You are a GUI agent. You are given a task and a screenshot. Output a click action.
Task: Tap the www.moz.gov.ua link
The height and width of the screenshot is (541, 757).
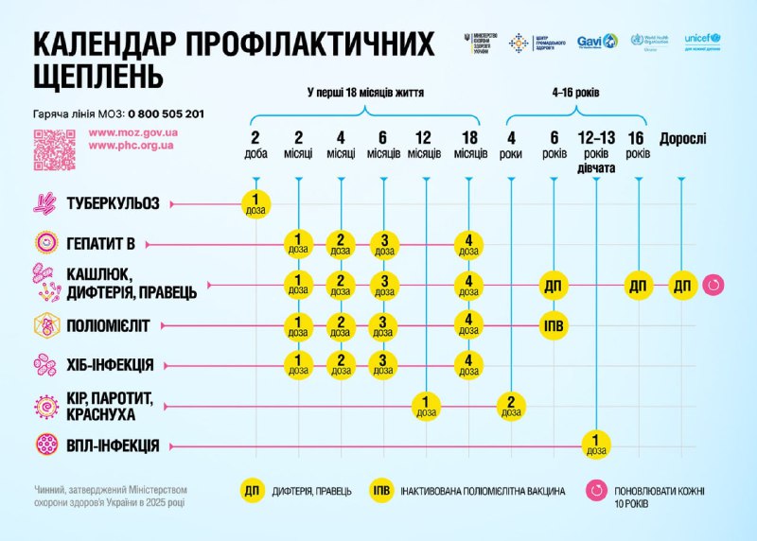click(132, 134)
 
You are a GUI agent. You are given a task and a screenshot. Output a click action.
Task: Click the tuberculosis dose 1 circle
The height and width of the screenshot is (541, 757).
click(256, 202)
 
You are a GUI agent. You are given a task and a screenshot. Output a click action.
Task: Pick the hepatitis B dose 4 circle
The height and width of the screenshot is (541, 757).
click(469, 243)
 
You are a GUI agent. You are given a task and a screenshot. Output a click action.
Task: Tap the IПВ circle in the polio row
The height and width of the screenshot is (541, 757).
click(555, 326)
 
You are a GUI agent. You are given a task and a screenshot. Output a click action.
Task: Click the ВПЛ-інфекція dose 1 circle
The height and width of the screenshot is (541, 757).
click(595, 444)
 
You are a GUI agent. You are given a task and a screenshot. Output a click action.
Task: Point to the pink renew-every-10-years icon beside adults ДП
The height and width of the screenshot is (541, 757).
click(715, 285)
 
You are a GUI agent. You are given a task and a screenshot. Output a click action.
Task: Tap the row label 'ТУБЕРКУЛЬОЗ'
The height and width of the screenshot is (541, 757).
click(113, 202)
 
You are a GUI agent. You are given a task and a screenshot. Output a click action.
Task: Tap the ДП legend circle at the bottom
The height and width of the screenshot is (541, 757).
click(253, 490)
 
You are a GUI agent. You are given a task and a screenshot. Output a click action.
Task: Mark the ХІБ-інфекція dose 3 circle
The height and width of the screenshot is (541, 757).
click(384, 364)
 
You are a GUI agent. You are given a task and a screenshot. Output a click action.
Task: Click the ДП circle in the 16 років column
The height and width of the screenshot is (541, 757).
click(639, 285)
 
